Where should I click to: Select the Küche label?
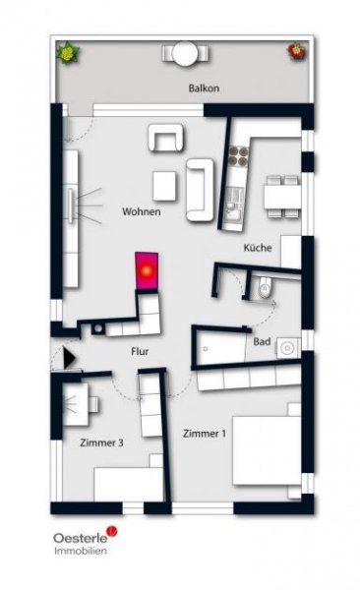(x=258, y=248)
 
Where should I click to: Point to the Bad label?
(x=262, y=341)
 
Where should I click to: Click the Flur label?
(x=140, y=349)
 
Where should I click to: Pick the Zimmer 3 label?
(x=101, y=442)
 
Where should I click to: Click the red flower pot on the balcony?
(x=295, y=51)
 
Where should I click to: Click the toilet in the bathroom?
(x=262, y=289)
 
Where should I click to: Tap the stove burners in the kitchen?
(x=237, y=154)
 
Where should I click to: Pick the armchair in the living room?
(x=165, y=139)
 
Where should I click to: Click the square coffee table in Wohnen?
(x=164, y=184)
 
